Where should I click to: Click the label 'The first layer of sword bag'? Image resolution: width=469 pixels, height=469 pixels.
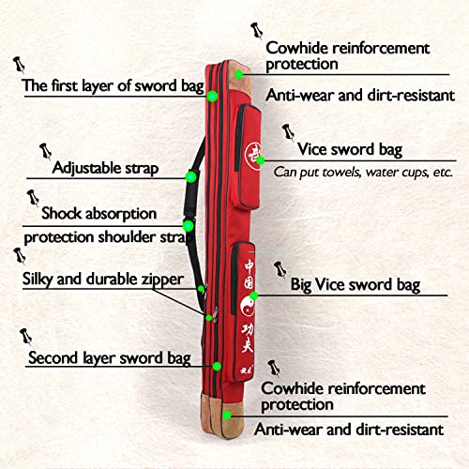[113, 85]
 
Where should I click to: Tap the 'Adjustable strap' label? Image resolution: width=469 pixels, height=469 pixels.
[105, 168]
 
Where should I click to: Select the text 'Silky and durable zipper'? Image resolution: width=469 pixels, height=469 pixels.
[103, 279]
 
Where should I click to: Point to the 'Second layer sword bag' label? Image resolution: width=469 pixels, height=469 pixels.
[110, 357]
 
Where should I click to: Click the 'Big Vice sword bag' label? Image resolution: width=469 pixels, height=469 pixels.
[356, 285]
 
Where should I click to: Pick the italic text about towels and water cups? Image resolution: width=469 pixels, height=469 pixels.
[363, 173]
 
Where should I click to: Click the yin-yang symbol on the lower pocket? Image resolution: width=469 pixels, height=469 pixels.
[248, 305]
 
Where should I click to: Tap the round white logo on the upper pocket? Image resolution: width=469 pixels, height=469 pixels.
[252, 156]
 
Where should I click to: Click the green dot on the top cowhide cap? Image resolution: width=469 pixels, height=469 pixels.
[238, 74]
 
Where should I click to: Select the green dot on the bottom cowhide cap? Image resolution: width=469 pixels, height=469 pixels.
[227, 416]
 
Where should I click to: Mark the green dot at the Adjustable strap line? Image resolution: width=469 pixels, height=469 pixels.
[190, 177]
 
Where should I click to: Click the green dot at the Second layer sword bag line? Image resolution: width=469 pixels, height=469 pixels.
[217, 366]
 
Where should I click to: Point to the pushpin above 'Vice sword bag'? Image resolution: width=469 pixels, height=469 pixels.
[288, 131]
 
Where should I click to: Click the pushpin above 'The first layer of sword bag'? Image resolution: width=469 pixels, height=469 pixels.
[19, 65]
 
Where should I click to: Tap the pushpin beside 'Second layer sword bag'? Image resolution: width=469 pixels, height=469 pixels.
[25, 337]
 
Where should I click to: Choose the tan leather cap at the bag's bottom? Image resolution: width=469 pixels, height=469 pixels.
[222, 416]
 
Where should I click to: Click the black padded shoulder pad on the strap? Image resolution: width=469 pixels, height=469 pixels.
[190, 195]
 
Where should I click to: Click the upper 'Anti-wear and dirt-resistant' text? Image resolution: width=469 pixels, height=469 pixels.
[360, 95]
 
